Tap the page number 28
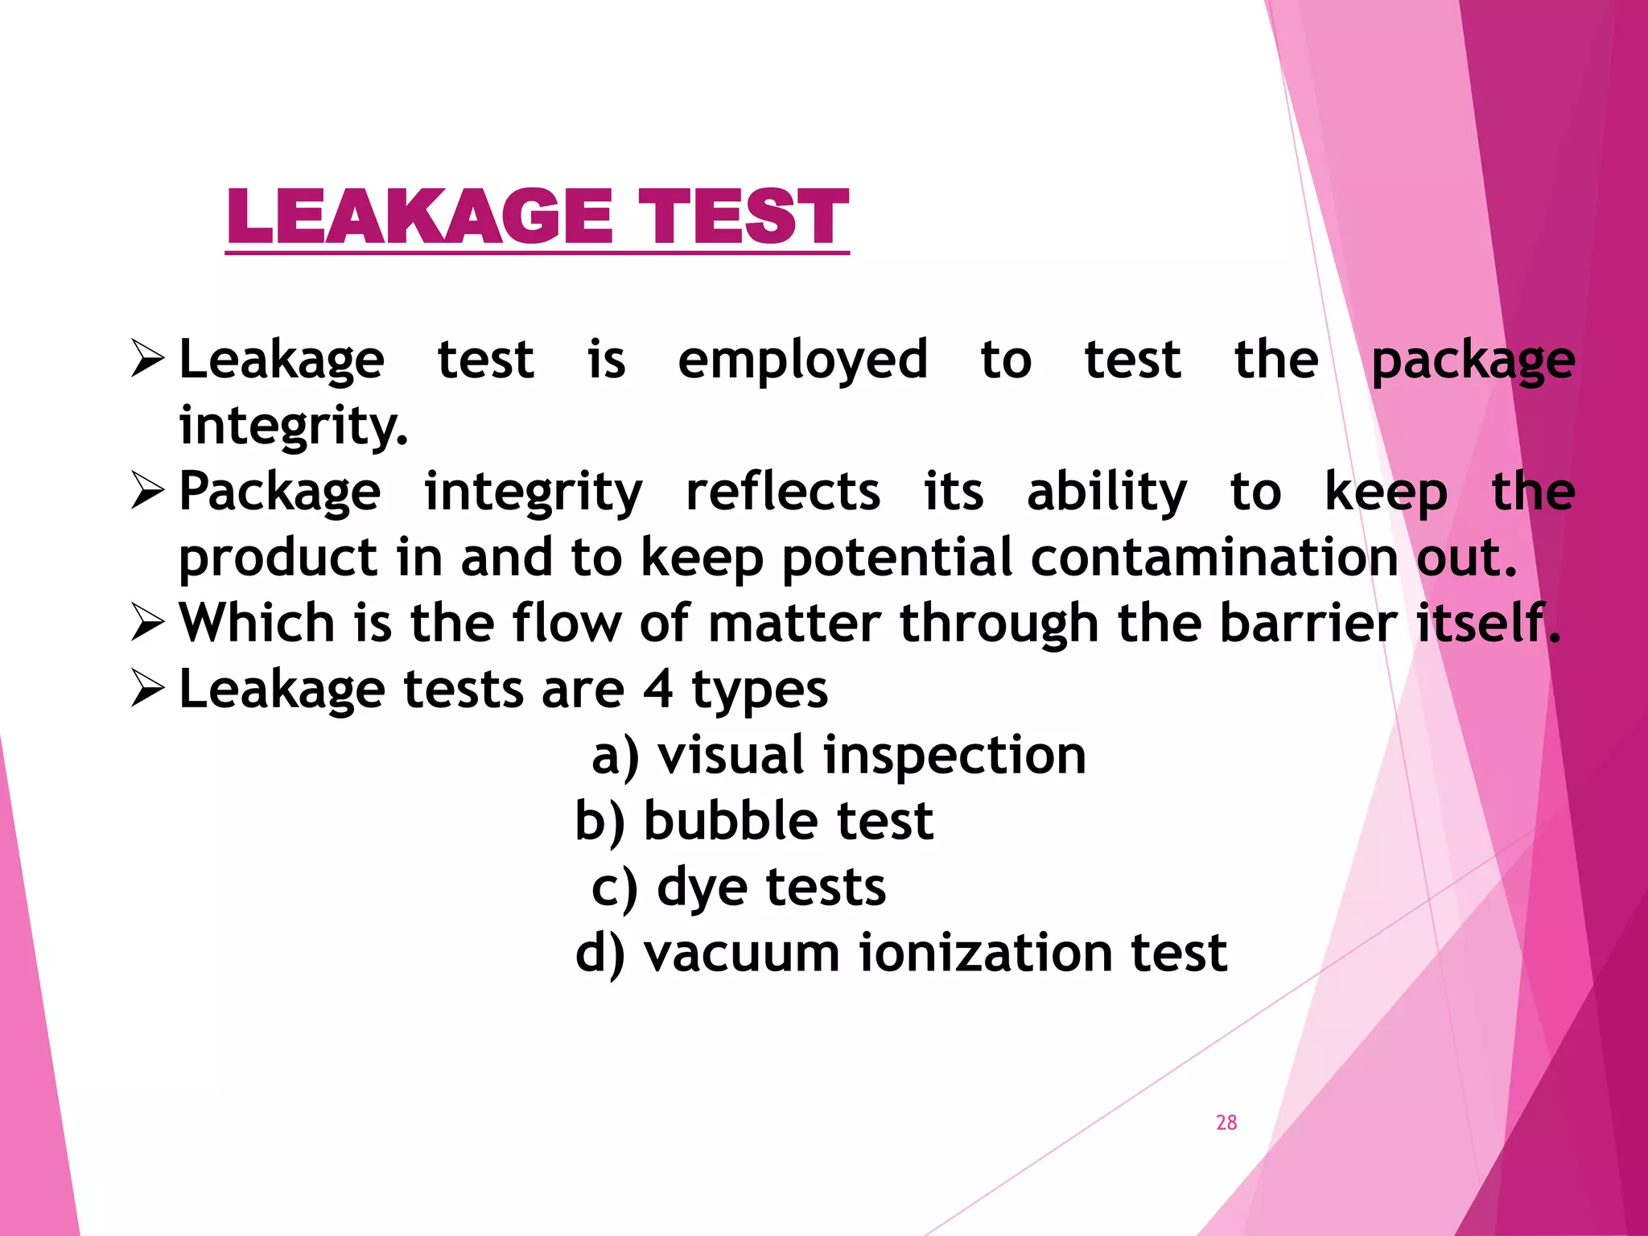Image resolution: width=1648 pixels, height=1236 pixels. coord(1226,1123)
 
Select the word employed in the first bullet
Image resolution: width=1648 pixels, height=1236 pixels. coord(802,360)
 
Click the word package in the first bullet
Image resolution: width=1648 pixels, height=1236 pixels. coord(1473,361)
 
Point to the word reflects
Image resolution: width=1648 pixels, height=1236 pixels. coord(782,492)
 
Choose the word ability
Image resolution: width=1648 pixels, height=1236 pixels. coord(1106,492)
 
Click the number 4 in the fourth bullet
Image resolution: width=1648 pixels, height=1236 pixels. coord(658,690)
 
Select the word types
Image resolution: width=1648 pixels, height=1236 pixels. coord(760,691)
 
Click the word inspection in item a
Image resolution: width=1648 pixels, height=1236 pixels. coord(954,756)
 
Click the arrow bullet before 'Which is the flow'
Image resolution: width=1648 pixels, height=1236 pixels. coord(148,624)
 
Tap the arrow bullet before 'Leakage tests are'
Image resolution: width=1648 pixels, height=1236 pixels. coord(148,690)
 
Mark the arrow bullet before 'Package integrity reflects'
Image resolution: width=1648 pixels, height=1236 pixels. coord(148,492)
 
